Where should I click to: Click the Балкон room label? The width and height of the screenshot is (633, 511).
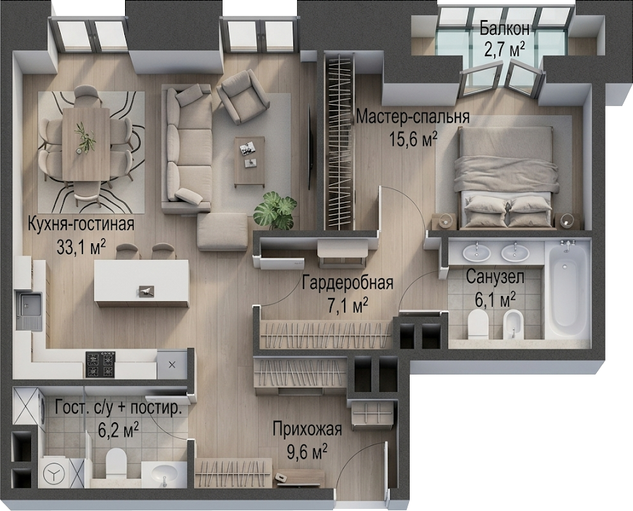pos(504,29)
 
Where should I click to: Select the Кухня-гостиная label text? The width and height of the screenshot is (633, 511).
pos(81,224)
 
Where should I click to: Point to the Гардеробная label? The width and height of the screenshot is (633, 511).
pos(348,283)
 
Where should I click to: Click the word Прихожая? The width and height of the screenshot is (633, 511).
pos(307,429)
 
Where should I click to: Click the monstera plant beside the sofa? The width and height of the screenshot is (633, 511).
pos(275,211)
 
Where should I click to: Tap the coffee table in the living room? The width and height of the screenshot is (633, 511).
pos(249,162)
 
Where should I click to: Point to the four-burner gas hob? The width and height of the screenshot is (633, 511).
pos(100,364)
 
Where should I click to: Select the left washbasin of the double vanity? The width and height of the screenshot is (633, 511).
pos(477,253)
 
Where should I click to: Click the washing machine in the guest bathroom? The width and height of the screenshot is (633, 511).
pos(53,472)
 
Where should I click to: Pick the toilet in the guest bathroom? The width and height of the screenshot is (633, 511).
pos(116,462)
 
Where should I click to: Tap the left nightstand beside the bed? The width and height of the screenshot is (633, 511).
pos(444,222)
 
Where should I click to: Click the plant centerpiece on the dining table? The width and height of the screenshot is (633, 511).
pos(85,138)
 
